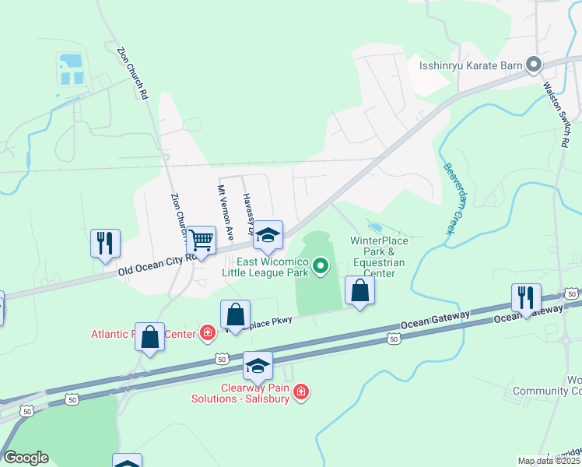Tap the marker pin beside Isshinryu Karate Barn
tap(534, 65)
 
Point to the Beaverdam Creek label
tap(450, 198)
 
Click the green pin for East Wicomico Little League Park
tap(320, 269)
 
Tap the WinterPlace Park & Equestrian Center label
tap(378, 257)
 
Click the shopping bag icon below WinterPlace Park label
tap(359, 290)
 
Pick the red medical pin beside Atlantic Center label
tap(207, 334)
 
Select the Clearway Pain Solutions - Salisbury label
tap(240, 392)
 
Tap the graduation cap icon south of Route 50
tap(258, 365)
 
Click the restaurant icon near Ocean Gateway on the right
tap(526, 297)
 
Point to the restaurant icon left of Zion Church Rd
tap(105, 242)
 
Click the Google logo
tap(26, 458)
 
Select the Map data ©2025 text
tap(549, 461)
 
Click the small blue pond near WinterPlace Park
tap(375, 227)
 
